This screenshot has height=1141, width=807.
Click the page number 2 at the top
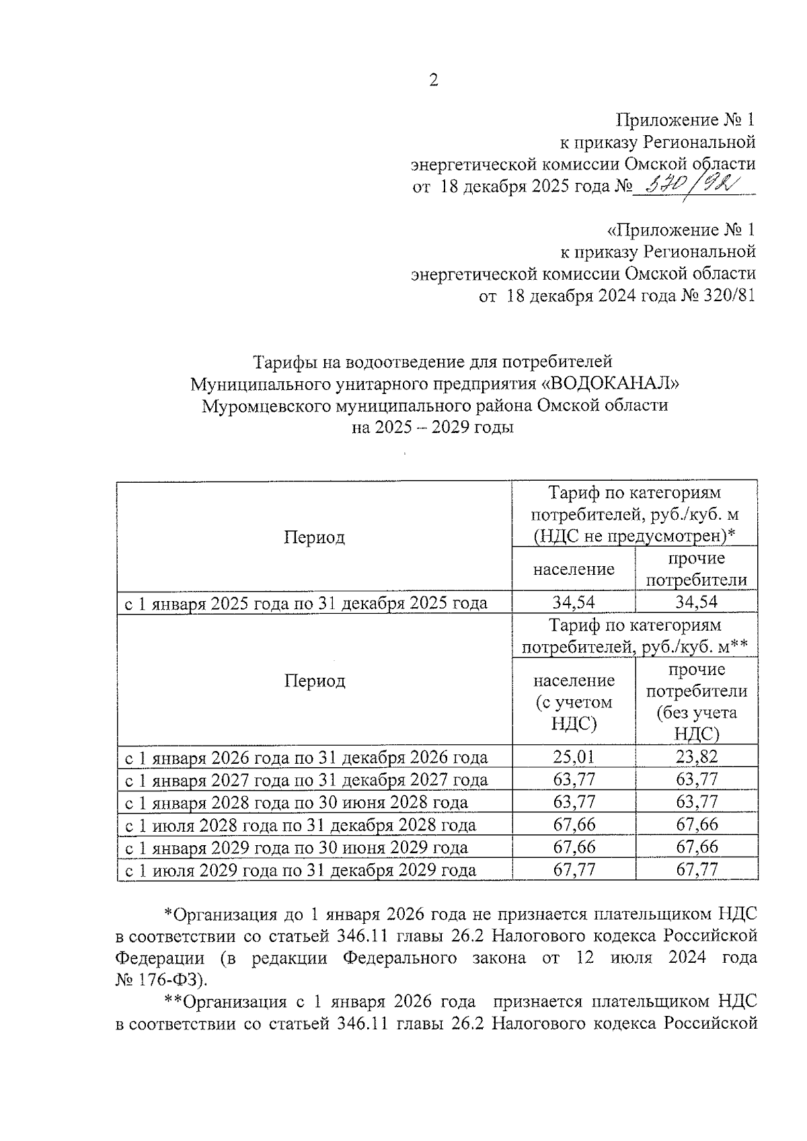point(433,81)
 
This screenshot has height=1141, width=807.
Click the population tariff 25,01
point(574,758)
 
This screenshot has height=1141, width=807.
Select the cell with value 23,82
point(697,758)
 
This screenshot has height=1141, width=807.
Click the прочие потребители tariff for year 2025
point(697,602)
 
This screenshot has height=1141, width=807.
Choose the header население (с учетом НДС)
point(574,701)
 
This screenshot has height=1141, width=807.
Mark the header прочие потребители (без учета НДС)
point(697,701)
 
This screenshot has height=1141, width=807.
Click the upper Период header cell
point(314,537)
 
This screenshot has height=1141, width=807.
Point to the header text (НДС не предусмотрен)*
point(634,536)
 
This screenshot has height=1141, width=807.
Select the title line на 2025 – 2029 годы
point(433,428)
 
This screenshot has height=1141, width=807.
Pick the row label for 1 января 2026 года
point(307,758)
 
